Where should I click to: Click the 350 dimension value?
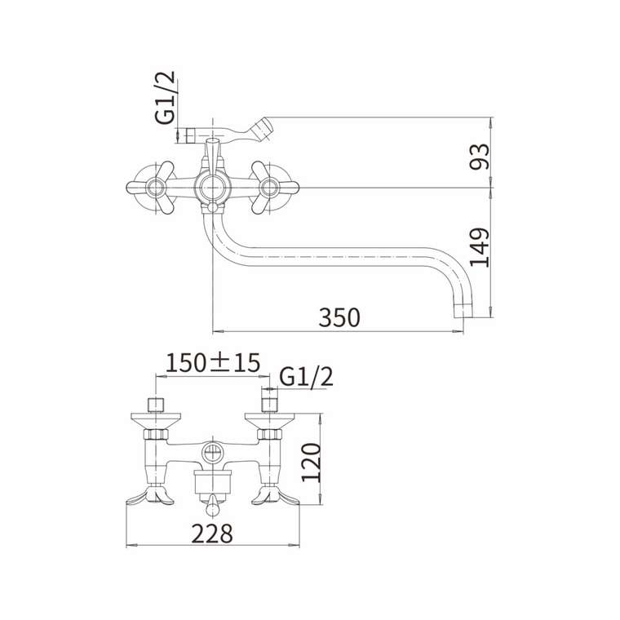339,317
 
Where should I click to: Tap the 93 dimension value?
479,157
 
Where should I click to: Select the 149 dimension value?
479,247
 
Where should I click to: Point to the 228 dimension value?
212,534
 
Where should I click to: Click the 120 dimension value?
311,463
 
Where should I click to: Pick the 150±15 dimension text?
213,362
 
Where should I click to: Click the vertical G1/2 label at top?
165,98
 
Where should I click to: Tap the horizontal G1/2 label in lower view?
306,377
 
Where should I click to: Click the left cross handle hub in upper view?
155,188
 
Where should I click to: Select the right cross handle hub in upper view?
270,188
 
